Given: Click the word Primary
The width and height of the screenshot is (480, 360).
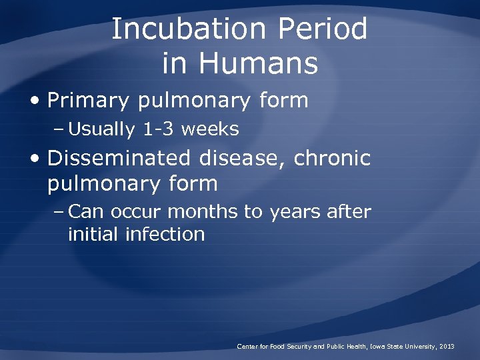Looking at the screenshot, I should (x=89, y=101).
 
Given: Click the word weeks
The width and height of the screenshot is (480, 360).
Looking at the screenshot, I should (x=209, y=129).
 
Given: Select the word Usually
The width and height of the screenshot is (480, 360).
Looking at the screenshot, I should (x=101, y=129).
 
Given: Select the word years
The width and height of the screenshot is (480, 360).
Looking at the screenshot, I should (x=296, y=212).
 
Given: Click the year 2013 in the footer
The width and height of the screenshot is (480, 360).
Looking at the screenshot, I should (x=447, y=347).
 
